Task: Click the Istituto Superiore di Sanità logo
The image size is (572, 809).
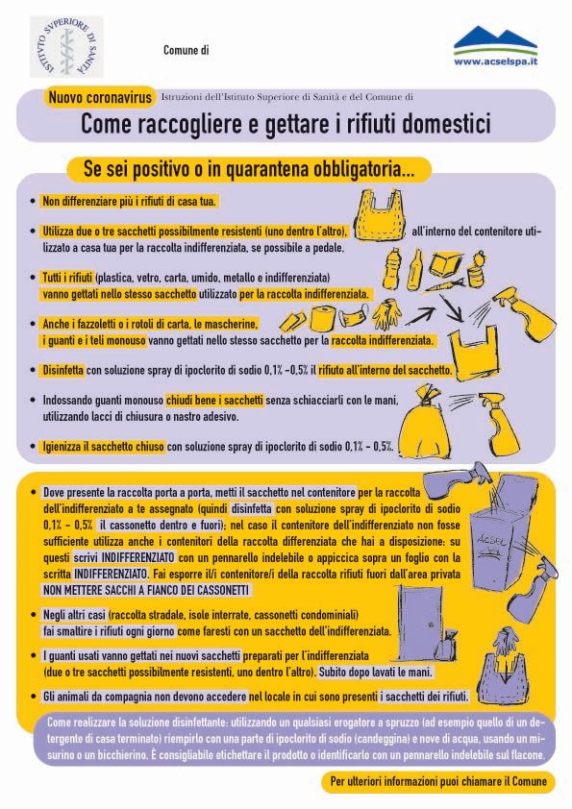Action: (66, 46)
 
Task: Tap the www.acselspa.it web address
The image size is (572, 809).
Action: (496, 61)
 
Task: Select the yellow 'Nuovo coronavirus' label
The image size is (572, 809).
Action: (100, 97)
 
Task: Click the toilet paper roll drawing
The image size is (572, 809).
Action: (323, 319)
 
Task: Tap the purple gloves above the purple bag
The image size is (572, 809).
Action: (506, 640)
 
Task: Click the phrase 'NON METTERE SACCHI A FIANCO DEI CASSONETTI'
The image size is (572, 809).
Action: (146, 590)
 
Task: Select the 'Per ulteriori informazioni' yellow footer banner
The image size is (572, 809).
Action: (438, 781)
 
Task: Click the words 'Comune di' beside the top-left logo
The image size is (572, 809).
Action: (186, 50)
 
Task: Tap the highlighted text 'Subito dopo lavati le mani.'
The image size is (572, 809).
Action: (375, 673)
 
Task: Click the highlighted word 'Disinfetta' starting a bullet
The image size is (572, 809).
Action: (62, 370)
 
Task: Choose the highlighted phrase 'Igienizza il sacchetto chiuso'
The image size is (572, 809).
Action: (103, 446)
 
